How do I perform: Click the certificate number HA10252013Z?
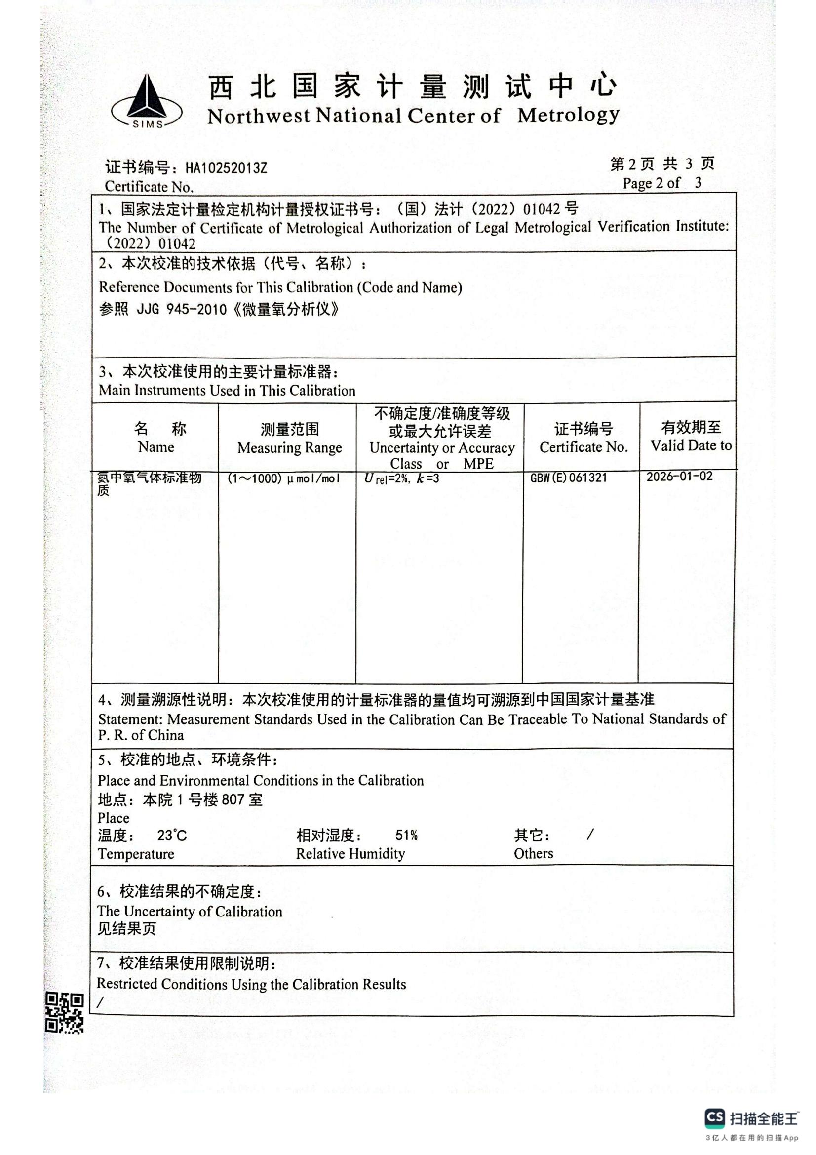point(226,168)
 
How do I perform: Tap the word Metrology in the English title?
point(568,115)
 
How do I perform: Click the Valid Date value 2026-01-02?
point(679,477)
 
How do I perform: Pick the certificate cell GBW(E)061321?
point(568,478)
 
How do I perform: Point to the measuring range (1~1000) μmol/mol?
point(283,478)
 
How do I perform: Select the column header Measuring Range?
point(290,448)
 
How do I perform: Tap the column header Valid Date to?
point(691,446)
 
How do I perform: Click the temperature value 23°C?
point(171,836)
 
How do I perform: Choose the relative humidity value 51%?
point(406,836)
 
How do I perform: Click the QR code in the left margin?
point(64,1013)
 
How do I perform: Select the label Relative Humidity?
point(350,854)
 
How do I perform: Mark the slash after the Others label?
point(590,835)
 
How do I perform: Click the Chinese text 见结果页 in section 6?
point(127,929)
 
